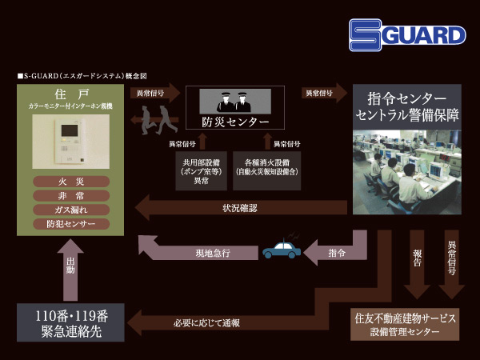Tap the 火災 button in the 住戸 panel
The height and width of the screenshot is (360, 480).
pos(71,182)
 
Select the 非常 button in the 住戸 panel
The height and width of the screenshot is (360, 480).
pos(71,196)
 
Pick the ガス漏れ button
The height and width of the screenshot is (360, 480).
pos(71,210)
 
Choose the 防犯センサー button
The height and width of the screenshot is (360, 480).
pos(71,224)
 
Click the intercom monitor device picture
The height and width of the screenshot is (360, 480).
pos(71,144)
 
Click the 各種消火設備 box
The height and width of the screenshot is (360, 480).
pos(267,171)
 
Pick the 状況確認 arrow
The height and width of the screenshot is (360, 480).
pos(240,209)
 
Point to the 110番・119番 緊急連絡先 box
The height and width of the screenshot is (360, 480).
pos(71,322)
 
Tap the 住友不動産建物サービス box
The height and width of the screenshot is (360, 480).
pos(406,323)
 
